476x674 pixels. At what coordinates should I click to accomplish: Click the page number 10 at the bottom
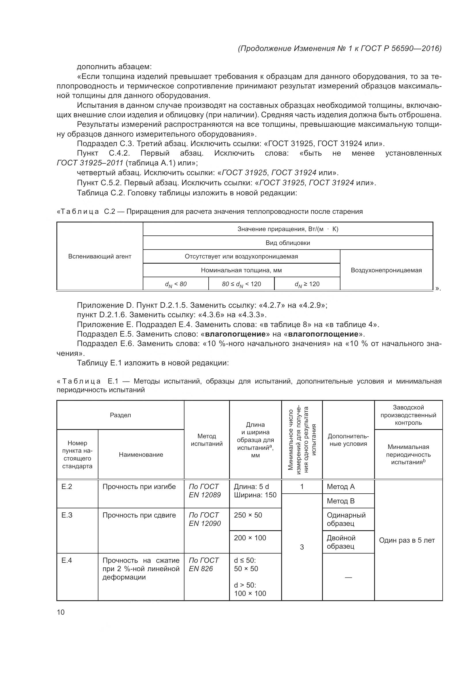tap(61, 612)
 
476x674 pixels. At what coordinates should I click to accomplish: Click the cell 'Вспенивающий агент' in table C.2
tap(100, 256)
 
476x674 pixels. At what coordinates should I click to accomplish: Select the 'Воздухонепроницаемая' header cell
tap(386, 270)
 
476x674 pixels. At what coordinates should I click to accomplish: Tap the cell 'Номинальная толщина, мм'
tap(241, 270)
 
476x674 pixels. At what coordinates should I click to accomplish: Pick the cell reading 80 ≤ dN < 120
tap(241, 284)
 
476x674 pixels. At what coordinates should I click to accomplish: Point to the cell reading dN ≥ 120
tap(307, 284)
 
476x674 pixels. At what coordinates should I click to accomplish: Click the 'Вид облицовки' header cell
tap(287, 243)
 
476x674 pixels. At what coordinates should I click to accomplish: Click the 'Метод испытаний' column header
tap(206, 440)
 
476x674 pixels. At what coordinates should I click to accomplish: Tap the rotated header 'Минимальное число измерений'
tap(302, 439)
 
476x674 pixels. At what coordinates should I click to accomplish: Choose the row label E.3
tap(67, 515)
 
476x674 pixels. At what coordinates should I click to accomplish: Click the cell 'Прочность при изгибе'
tap(139, 487)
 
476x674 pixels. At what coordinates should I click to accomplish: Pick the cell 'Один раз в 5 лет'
tap(407, 540)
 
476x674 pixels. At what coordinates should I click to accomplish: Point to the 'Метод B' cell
tap(340, 501)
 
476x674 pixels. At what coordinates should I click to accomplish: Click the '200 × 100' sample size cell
tap(250, 538)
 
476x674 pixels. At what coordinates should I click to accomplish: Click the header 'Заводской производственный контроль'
tap(408, 415)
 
